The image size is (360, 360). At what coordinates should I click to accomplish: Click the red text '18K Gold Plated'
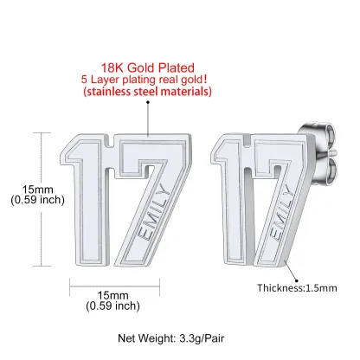pyautogui.click(x=147, y=67)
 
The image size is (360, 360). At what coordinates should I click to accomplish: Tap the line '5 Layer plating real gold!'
pyautogui.click(x=144, y=80)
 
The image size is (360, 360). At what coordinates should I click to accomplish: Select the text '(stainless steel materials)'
pyautogui.click(x=147, y=92)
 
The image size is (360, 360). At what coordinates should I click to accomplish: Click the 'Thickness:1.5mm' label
pyautogui.click(x=297, y=288)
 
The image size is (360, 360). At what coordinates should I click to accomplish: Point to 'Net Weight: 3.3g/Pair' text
pyautogui.click(x=170, y=338)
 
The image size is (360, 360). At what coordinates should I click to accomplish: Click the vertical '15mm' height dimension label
pyautogui.click(x=38, y=190)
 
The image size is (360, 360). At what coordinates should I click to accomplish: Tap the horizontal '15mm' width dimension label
pyautogui.click(x=112, y=295)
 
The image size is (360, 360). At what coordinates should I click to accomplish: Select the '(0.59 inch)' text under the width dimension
pyautogui.click(x=112, y=305)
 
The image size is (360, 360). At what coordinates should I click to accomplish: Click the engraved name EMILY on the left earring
pyautogui.click(x=153, y=213)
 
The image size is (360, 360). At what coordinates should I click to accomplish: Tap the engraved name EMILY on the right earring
pyautogui.click(x=280, y=213)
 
